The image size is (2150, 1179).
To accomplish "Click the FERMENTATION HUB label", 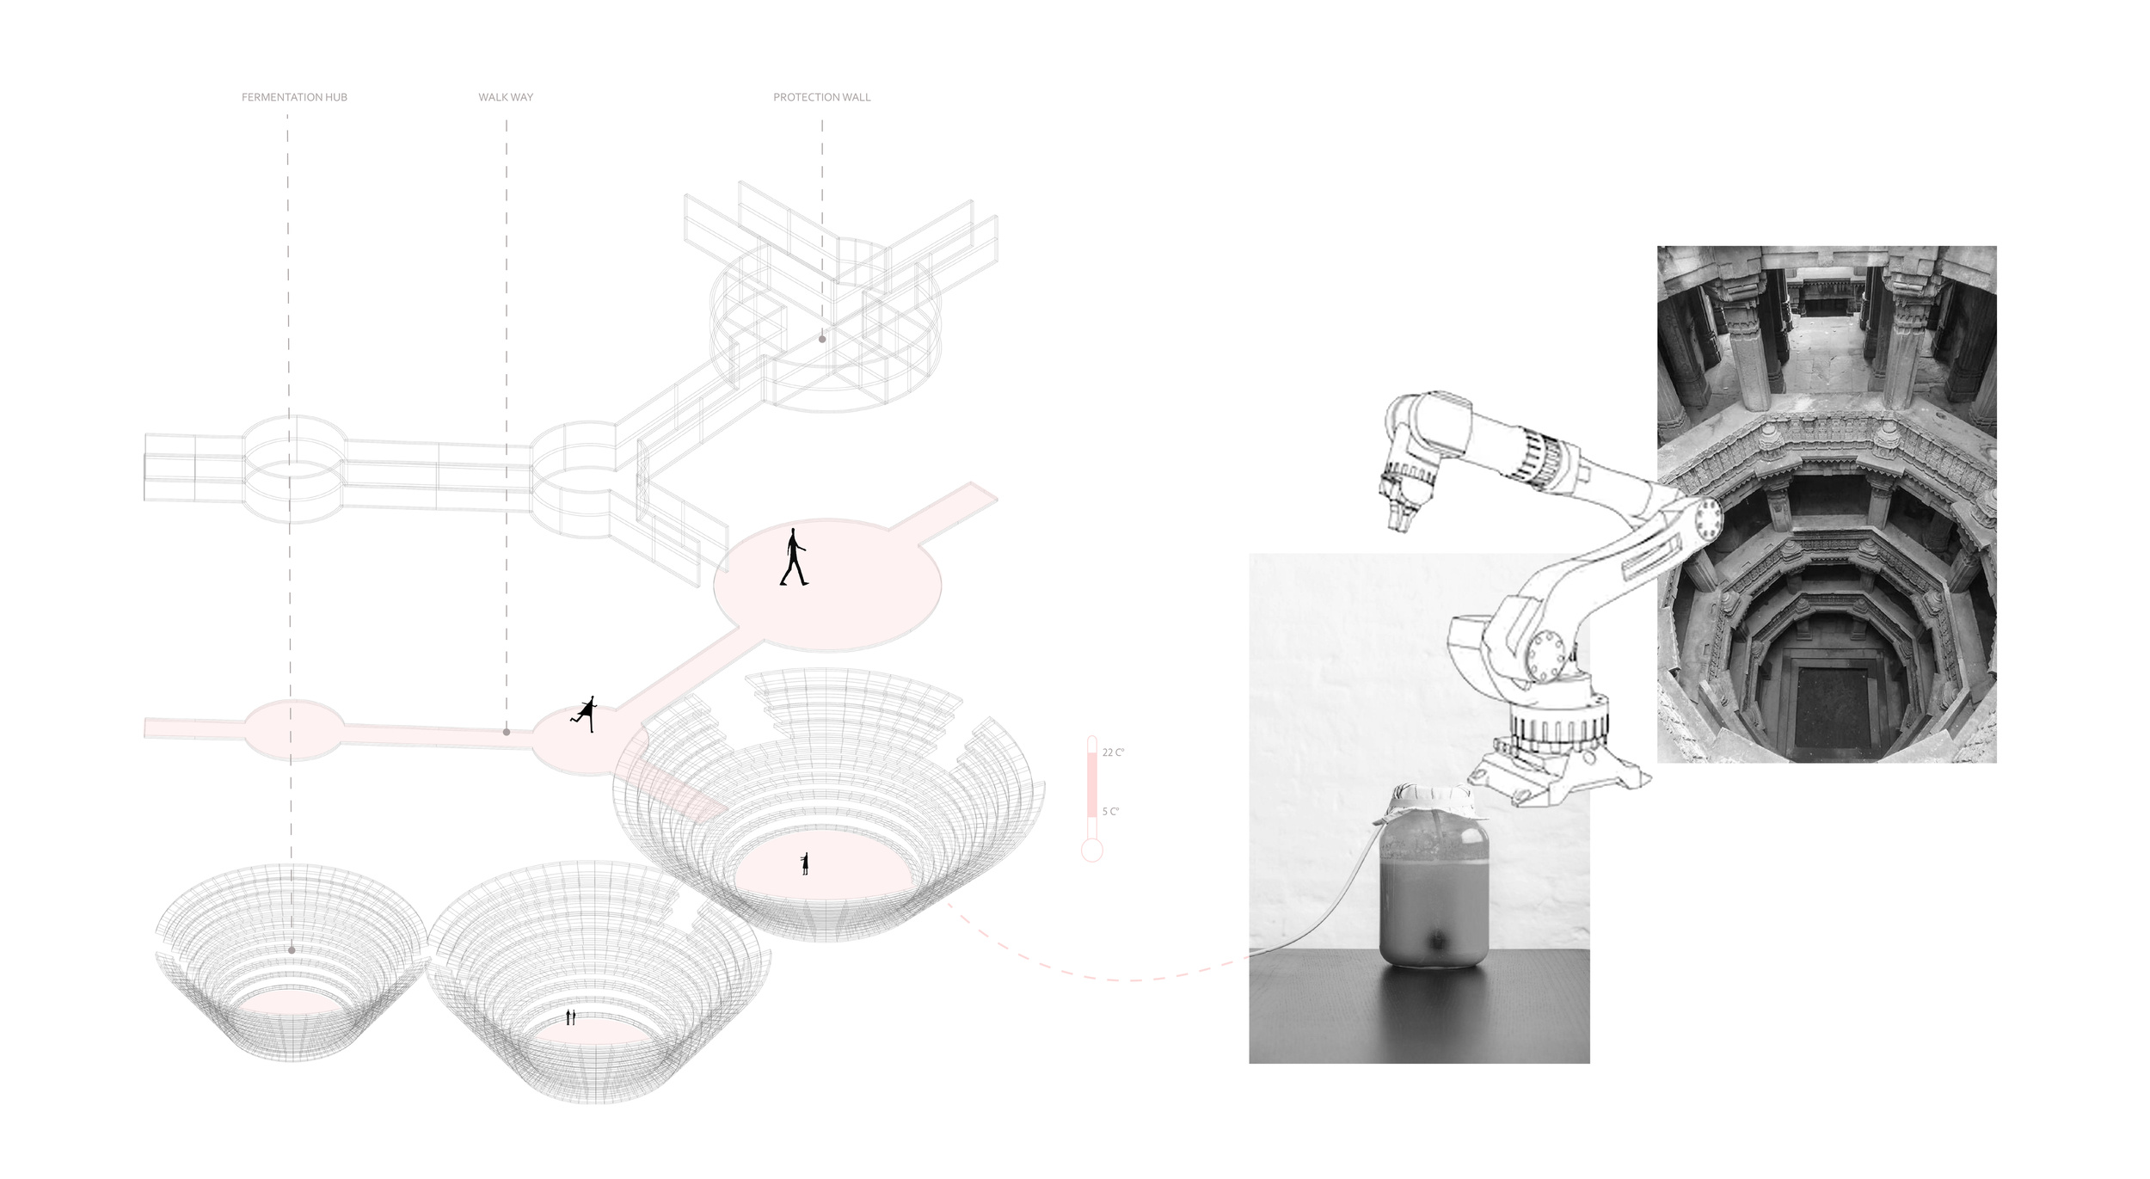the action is [x=294, y=97].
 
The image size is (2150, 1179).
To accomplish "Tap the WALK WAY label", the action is [x=506, y=97].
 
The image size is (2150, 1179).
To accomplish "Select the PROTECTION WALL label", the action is [x=821, y=97].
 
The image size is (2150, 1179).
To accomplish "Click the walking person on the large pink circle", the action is [x=793, y=556].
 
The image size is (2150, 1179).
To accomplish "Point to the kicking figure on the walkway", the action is [x=585, y=713].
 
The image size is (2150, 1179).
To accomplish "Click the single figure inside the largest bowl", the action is [x=805, y=863].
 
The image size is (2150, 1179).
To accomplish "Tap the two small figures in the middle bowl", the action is [x=570, y=1018].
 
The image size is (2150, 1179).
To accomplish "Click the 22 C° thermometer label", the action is [x=1113, y=752].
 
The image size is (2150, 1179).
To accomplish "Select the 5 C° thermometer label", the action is [x=1110, y=811].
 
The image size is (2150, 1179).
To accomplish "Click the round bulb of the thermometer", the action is [x=1091, y=850].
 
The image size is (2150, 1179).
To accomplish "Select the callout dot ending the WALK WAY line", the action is [x=507, y=732].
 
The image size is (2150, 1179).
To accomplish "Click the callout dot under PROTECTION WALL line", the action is [x=822, y=339].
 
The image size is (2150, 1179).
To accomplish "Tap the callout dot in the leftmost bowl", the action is [x=292, y=950].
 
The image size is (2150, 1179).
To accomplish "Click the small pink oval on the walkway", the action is [x=294, y=729].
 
